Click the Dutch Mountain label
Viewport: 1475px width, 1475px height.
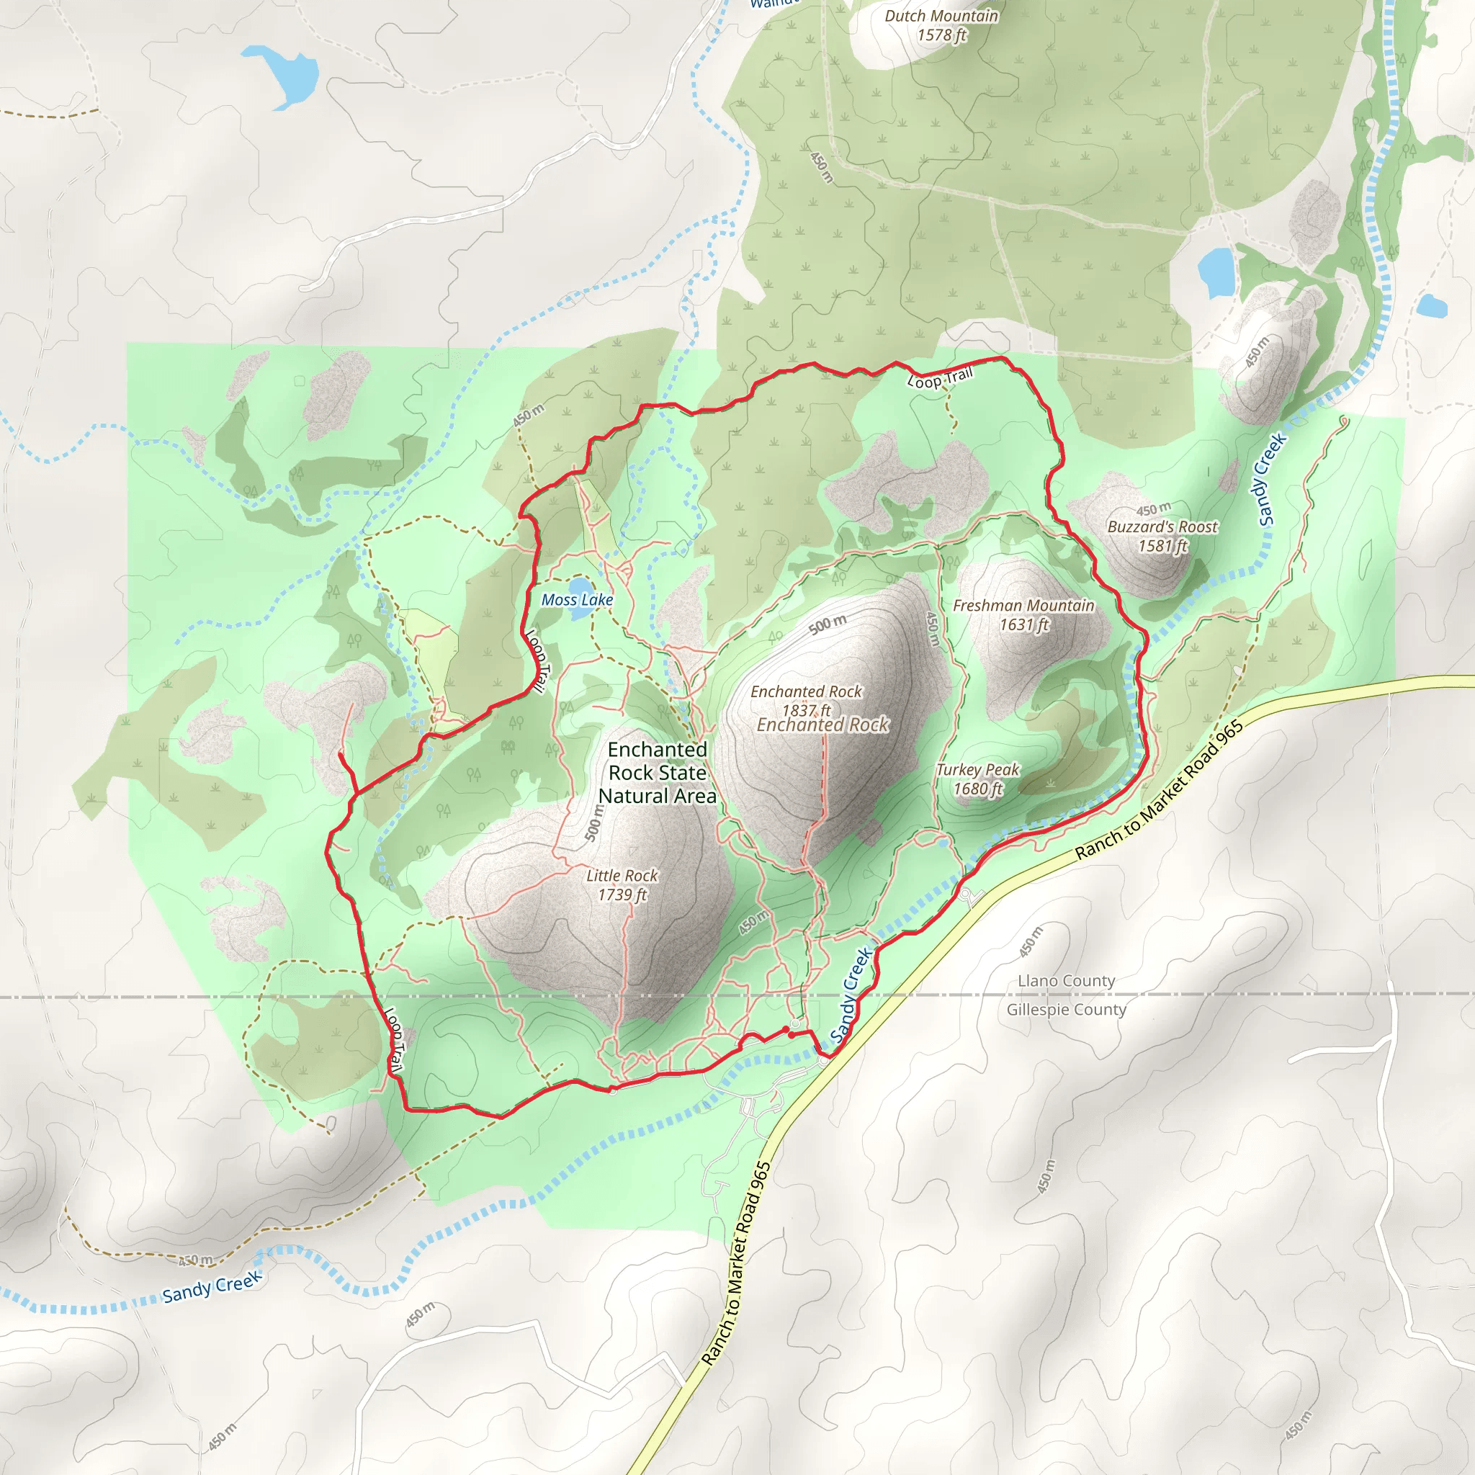click(x=941, y=16)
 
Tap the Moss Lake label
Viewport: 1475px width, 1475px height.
click(x=577, y=600)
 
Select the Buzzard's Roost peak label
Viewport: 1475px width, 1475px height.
click(x=1162, y=526)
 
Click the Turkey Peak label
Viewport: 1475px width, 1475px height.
click(x=978, y=770)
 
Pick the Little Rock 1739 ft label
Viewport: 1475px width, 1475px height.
click(x=622, y=885)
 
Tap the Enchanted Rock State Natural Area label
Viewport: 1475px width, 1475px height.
click(x=658, y=773)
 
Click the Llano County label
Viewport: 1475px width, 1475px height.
click(x=1066, y=980)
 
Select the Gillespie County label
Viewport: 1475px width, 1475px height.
click(x=1066, y=1009)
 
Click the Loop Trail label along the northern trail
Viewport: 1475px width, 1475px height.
click(x=940, y=377)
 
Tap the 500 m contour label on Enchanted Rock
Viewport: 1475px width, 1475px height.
click(x=828, y=624)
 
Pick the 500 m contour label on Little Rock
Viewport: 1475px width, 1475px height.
click(x=594, y=823)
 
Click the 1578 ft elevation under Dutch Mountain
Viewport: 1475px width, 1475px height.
click(x=941, y=35)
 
